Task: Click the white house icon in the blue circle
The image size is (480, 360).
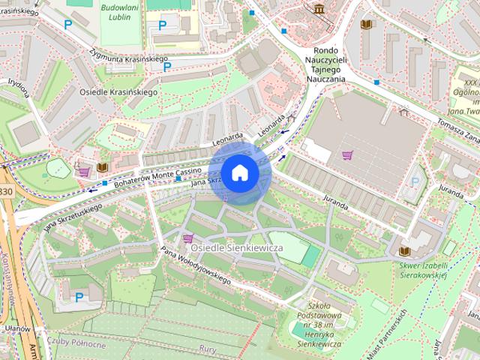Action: (x=239, y=173)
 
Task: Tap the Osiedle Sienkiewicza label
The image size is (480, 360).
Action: (x=235, y=247)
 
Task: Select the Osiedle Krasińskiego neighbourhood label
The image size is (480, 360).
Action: (x=118, y=91)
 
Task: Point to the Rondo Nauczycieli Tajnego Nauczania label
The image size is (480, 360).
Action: (x=328, y=64)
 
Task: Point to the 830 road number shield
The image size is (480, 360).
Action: (x=5, y=192)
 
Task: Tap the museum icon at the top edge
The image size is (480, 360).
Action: (x=320, y=8)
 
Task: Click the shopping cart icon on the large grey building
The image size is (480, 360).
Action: (x=347, y=155)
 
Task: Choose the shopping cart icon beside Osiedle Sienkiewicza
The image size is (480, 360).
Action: (x=187, y=238)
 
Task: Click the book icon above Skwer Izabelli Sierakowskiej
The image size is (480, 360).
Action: (x=405, y=250)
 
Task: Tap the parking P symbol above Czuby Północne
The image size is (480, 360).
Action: (x=79, y=298)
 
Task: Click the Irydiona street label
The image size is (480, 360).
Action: (x=18, y=88)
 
